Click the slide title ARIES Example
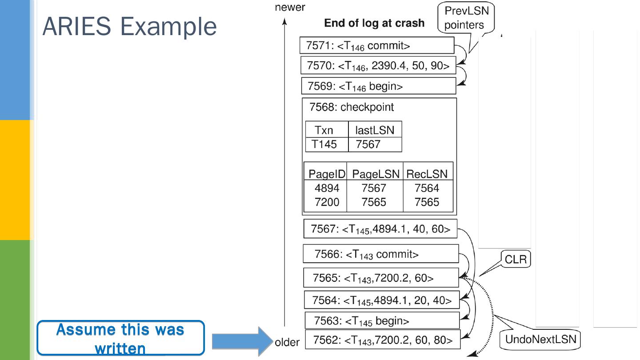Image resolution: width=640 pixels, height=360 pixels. (129, 26)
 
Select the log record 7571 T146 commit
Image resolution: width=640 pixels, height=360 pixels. (377, 46)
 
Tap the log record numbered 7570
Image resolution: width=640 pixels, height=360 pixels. (378, 66)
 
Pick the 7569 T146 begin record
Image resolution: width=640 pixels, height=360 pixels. (378, 86)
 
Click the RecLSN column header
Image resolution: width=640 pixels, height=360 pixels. (427, 174)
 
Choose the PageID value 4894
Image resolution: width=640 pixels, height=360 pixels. (327, 188)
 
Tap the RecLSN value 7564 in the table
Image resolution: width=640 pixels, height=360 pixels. (427, 188)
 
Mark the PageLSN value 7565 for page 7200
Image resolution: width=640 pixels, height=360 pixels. (374, 202)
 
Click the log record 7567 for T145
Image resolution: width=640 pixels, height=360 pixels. (380, 229)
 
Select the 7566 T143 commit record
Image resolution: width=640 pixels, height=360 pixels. (380, 254)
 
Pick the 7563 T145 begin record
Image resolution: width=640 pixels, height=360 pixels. (382, 320)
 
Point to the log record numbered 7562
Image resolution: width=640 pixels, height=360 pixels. (383, 340)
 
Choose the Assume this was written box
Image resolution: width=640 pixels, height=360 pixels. (120, 338)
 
